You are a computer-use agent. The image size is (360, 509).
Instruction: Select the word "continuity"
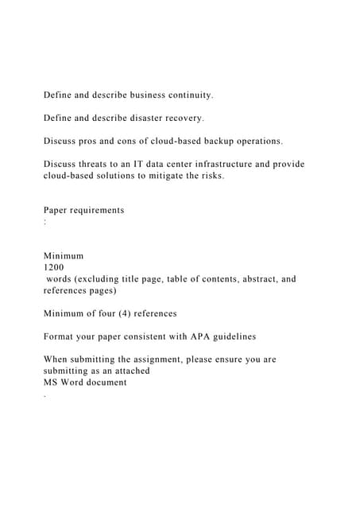(x=189, y=95)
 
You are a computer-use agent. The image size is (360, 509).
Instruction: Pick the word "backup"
(x=210, y=142)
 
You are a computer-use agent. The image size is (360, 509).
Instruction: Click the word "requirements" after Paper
(x=98, y=210)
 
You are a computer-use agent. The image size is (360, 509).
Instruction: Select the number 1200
(x=55, y=267)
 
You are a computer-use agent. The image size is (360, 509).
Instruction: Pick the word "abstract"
(x=250, y=279)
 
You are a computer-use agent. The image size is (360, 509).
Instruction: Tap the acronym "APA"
(x=188, y=336)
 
